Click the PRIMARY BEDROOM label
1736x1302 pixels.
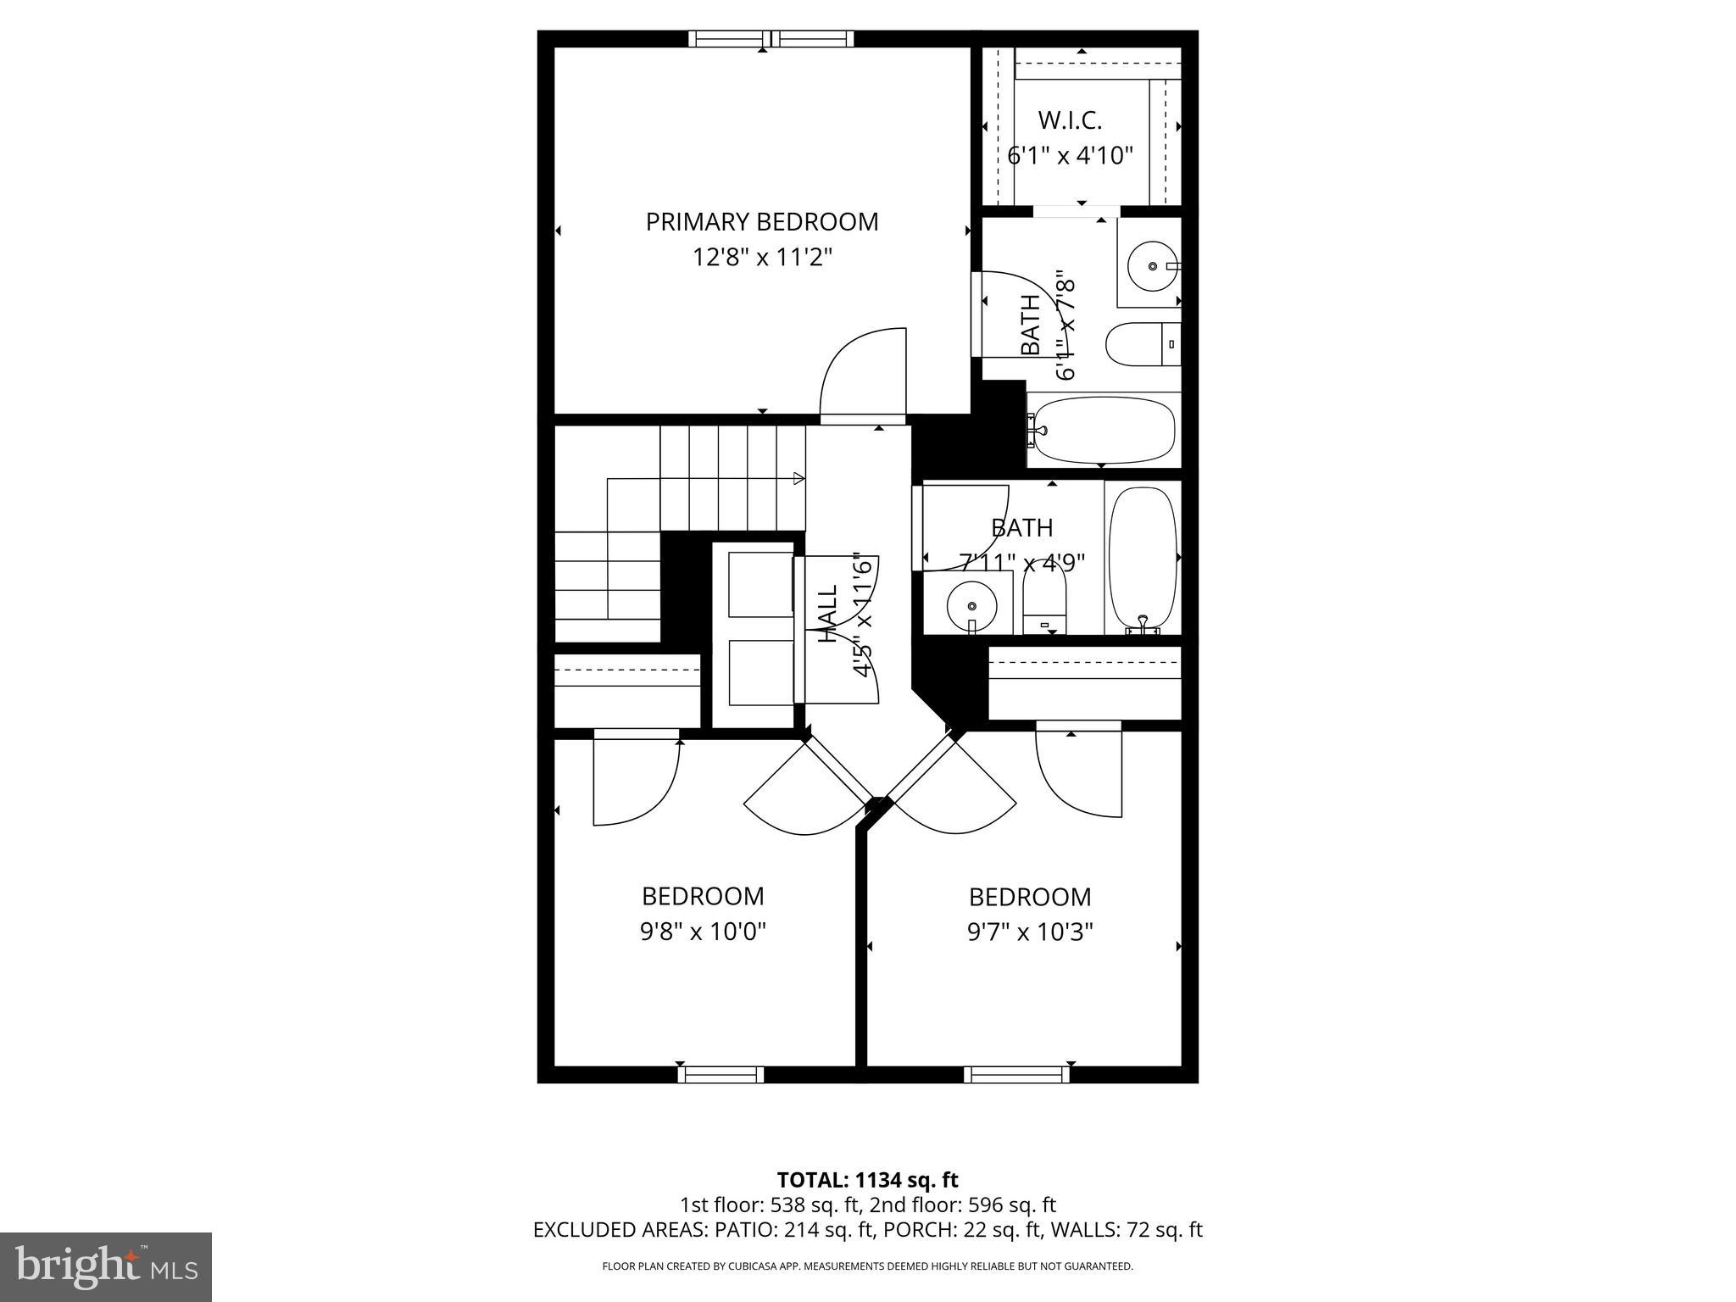point(761,222)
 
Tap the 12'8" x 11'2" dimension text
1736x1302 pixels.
point(761,257)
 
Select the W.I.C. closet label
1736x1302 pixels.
point(1070,121)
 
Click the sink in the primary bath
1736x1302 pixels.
point(1151,265)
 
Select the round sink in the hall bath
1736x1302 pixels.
point(971,605)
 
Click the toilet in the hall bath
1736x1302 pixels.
point(1044,598)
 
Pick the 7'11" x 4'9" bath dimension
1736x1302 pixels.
point(1021,562)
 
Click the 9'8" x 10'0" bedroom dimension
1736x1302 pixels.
point(703,932)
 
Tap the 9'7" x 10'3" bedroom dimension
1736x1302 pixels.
point(1030,932)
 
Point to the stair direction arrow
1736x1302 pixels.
point(798,479)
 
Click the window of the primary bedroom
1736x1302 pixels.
point(770,38)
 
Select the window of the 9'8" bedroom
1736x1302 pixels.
point(721,1075)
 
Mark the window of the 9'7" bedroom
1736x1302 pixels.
point(1015,1075)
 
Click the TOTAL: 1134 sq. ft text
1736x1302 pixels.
point(867,1180)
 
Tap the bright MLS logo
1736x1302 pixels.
point(106,1266)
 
